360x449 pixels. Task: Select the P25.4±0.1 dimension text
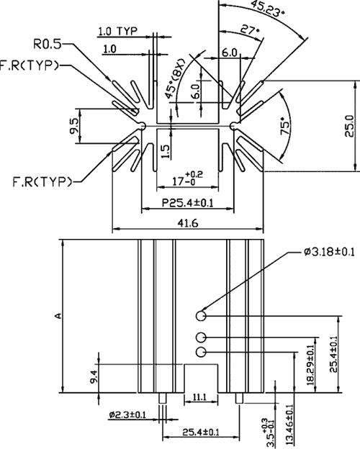point(188,207)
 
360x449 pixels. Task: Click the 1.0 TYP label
point(117,32)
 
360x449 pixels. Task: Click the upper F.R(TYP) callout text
point(30,65)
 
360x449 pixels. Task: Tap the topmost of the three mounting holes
point(201,314)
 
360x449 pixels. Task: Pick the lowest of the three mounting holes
point(201,351)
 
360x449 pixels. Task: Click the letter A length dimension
point(59,315)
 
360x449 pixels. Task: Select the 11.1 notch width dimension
point(201,398)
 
